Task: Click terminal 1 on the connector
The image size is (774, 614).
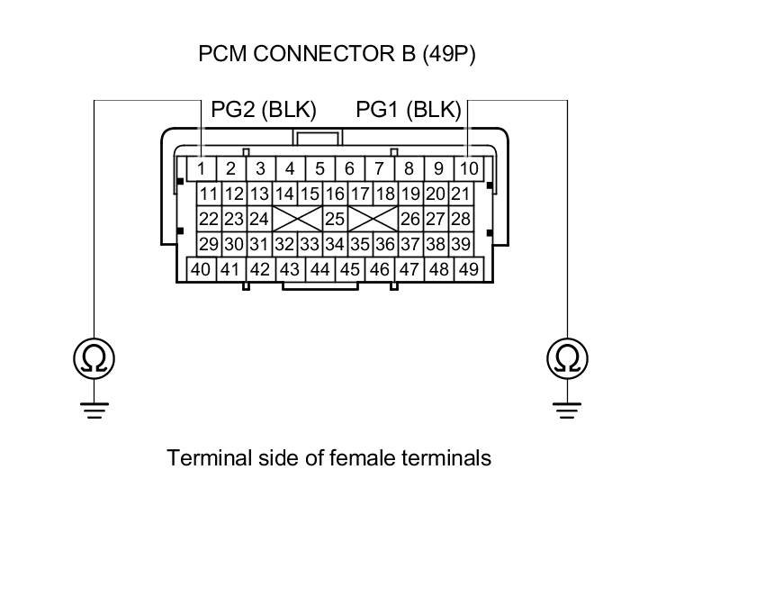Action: pyautogui.click(x=202, y=168)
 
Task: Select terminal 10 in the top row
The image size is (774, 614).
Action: pyautogui.click(x=468, y=168)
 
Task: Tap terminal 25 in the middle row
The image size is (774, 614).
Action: pyautogui.click(x=335, y=219)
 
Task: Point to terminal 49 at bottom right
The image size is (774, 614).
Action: pyautogui.click(x=468, y=269)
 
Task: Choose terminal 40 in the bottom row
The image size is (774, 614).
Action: pyautogui.click(x=201, y=269)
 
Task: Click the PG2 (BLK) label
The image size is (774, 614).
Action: pyautogui.click(x=264, y=110)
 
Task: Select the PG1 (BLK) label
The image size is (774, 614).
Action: pyautogui.click(x=409, y=110)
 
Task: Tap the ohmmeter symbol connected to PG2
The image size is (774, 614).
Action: pyautogui.click(x=94, y=358)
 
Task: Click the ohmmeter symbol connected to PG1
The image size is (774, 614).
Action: pyautogui.click(x=567, y=358)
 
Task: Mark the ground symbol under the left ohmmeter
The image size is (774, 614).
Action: pyautogui.click(x=94, y=410)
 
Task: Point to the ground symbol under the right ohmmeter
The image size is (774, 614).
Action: pyautogui.click(x=567, y=410)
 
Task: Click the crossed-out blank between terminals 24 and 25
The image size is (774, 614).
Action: pyautogui.click(x=297, y=219)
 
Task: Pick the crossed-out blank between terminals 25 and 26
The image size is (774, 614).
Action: pyautogui.click(x=373, y=219)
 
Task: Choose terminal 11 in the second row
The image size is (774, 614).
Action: pyautogui.click(x=209, y=194)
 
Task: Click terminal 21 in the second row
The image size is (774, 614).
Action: pyautogui.click(x=461, y=194)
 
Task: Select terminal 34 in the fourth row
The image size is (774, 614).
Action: pyautogui.click(x=335, y=244)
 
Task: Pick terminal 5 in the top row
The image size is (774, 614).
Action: pyautogui.click(x=319, y=168)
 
